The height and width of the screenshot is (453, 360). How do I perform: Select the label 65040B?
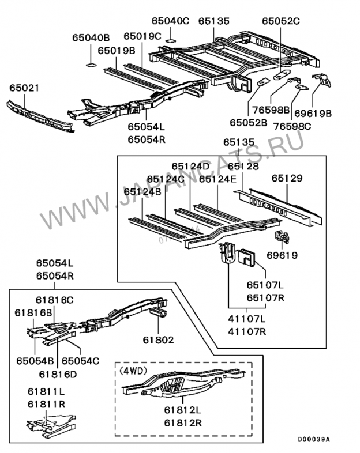point(91,38)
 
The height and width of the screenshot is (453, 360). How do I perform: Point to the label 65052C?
point(281,21)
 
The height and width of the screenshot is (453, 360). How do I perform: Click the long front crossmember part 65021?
point(40,116)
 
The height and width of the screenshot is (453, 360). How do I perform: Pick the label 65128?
point(243,167)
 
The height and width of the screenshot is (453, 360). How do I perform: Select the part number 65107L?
point(265,284)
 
